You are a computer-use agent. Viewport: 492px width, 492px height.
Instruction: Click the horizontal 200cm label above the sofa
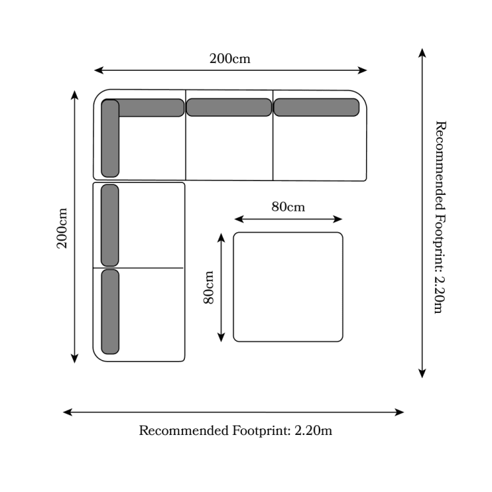[230, 58]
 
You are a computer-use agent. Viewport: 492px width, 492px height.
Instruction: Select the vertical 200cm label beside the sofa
[62, 228]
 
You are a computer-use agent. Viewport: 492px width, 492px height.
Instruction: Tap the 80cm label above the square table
[288, 207]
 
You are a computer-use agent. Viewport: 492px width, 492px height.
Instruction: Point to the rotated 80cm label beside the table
[209, 287]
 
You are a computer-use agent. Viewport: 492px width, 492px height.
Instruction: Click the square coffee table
[288, 287]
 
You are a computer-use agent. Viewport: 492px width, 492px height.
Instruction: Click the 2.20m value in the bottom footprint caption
[313, 430]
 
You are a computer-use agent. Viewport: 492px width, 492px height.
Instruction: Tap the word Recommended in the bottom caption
[184, 430]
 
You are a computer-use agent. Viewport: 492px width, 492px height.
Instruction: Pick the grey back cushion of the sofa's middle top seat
[229, 108]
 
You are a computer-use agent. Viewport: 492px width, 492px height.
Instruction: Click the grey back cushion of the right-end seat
[316, 108]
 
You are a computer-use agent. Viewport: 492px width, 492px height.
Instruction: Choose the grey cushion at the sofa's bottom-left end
[110, 312]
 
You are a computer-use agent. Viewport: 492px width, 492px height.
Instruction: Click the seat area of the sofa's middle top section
[229, 148]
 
